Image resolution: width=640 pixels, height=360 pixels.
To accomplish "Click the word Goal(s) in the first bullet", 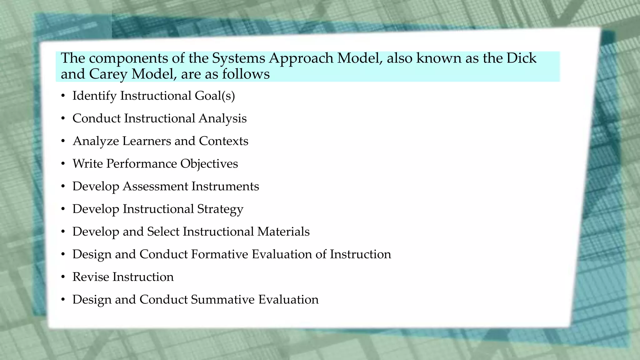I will tap(215, 96).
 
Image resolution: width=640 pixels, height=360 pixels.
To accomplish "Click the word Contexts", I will tap(223, 141).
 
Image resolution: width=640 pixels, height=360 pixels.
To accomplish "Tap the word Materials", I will tap(283, 232).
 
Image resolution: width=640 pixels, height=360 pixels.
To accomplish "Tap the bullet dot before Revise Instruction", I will tap(63, 277).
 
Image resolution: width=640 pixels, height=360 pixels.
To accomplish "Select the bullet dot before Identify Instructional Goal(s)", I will tap(63, 96).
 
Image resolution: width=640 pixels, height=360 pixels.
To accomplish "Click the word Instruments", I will tap(225, 186).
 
